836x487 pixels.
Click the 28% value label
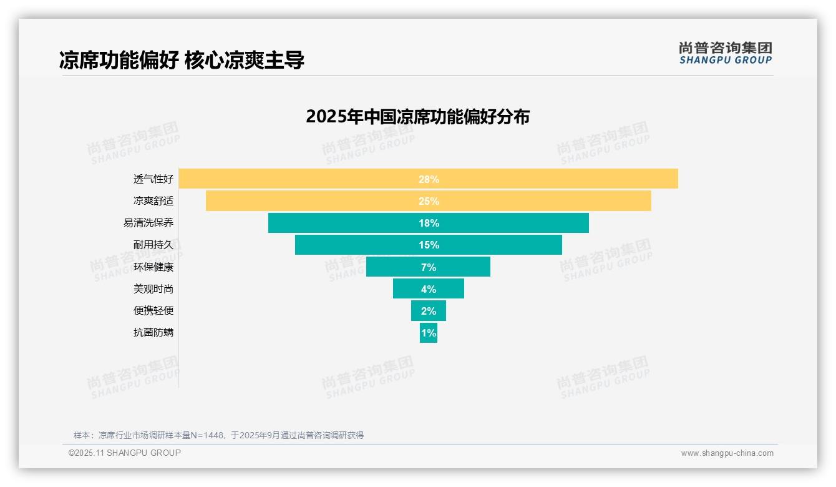(429, 179)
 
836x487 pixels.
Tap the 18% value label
(429, 223)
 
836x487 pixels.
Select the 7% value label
(429, 267)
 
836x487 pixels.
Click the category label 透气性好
(153, 179)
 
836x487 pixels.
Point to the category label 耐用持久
(153, 245)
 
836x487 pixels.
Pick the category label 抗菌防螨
(153, 332)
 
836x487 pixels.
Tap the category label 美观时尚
(153, 288)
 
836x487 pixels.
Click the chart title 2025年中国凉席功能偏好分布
(417, 117)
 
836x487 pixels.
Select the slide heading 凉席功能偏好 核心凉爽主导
(182, 61)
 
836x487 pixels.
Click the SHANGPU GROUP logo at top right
(725, 53)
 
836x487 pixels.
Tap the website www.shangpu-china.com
(727, 453)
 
